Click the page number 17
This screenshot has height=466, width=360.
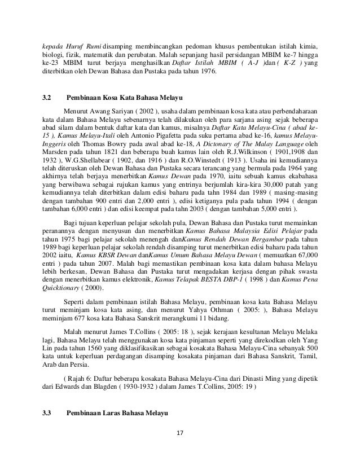click(180, 434)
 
